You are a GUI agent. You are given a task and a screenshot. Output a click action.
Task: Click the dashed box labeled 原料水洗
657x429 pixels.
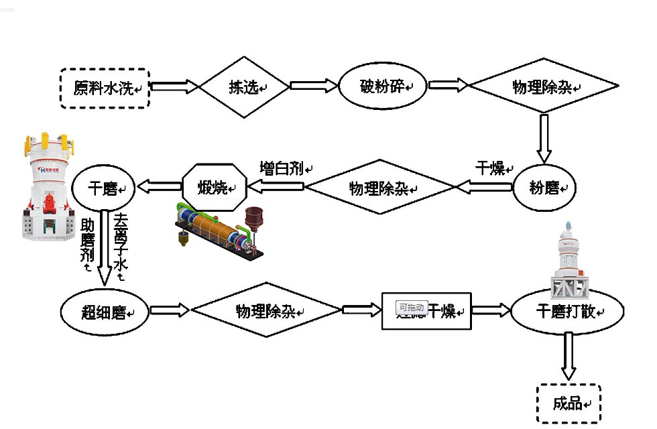pos(104,88)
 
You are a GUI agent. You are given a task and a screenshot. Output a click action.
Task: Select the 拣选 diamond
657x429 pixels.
pos(244,87)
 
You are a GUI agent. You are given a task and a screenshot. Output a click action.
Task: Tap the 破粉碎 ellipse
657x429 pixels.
pos(383,86)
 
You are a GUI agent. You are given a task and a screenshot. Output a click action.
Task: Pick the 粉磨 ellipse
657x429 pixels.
pos(544,187)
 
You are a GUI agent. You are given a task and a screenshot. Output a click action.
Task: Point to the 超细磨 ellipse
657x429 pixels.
pos(104,312)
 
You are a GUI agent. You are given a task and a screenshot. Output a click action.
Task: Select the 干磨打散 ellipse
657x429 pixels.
pos(567,312)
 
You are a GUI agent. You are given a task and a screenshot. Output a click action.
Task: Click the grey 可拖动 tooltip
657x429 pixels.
pos(411,307)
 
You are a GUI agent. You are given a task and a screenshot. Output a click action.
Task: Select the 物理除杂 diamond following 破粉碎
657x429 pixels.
pos(542,87)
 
